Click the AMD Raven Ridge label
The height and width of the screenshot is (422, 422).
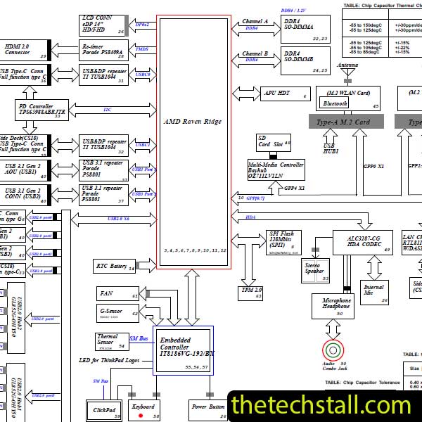pyautogui.click(x=192, y=122)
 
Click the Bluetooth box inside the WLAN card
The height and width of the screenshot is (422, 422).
pyautogui.click(x=335, y=103)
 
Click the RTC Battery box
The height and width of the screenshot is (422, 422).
pyautogui.click(x=113, y=266)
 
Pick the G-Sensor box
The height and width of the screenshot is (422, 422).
pyautogui.click(x=117, y=311)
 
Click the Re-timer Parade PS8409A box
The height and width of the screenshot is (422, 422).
pyautogui.click(x=103, y=49)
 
